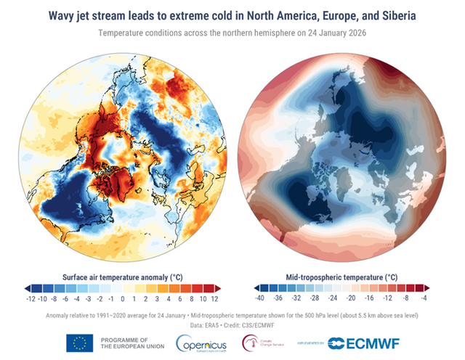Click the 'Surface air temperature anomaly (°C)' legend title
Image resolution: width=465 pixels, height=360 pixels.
pyautogui.click(x=121, y=277)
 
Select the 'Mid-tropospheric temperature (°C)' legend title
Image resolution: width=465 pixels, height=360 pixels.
pyautogui.click(x=341, y=277)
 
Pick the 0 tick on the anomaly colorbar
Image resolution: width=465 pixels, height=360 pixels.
pyautogui.click(x=122, y=298)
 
